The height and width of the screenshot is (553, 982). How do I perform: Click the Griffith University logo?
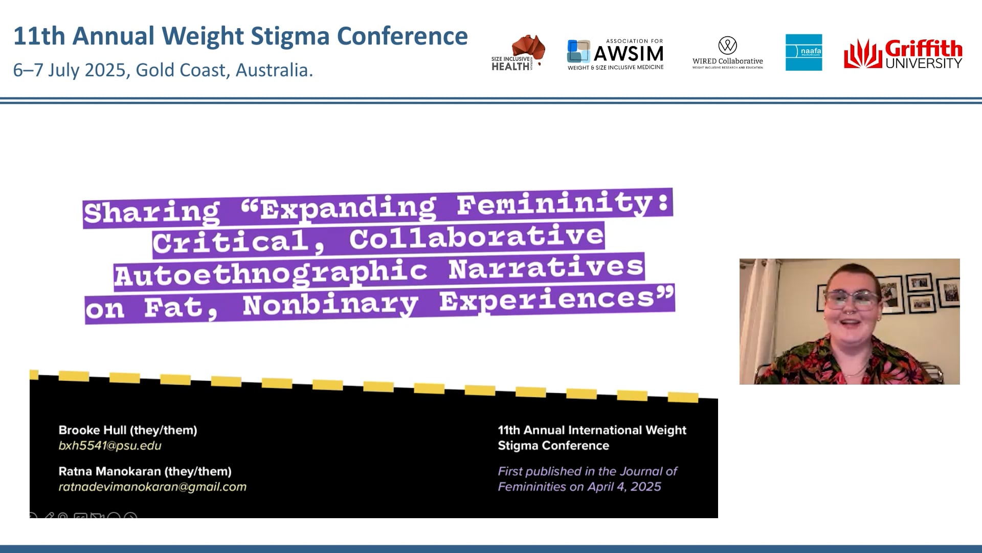click(903, 53)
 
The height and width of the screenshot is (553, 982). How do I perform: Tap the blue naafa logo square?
click(804, 52)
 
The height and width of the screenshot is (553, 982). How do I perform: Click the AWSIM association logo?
click(615, 54)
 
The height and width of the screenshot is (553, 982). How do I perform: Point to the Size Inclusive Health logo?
click(518, 53)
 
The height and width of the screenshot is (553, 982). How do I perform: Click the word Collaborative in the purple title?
click(476, 237)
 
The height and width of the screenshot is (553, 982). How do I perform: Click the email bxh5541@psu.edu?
click(110, 445)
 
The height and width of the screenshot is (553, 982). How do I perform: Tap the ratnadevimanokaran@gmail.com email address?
click(152, 486)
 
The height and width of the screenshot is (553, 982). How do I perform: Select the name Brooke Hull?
click(92, 430)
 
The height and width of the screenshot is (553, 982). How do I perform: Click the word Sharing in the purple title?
click(151, 212)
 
